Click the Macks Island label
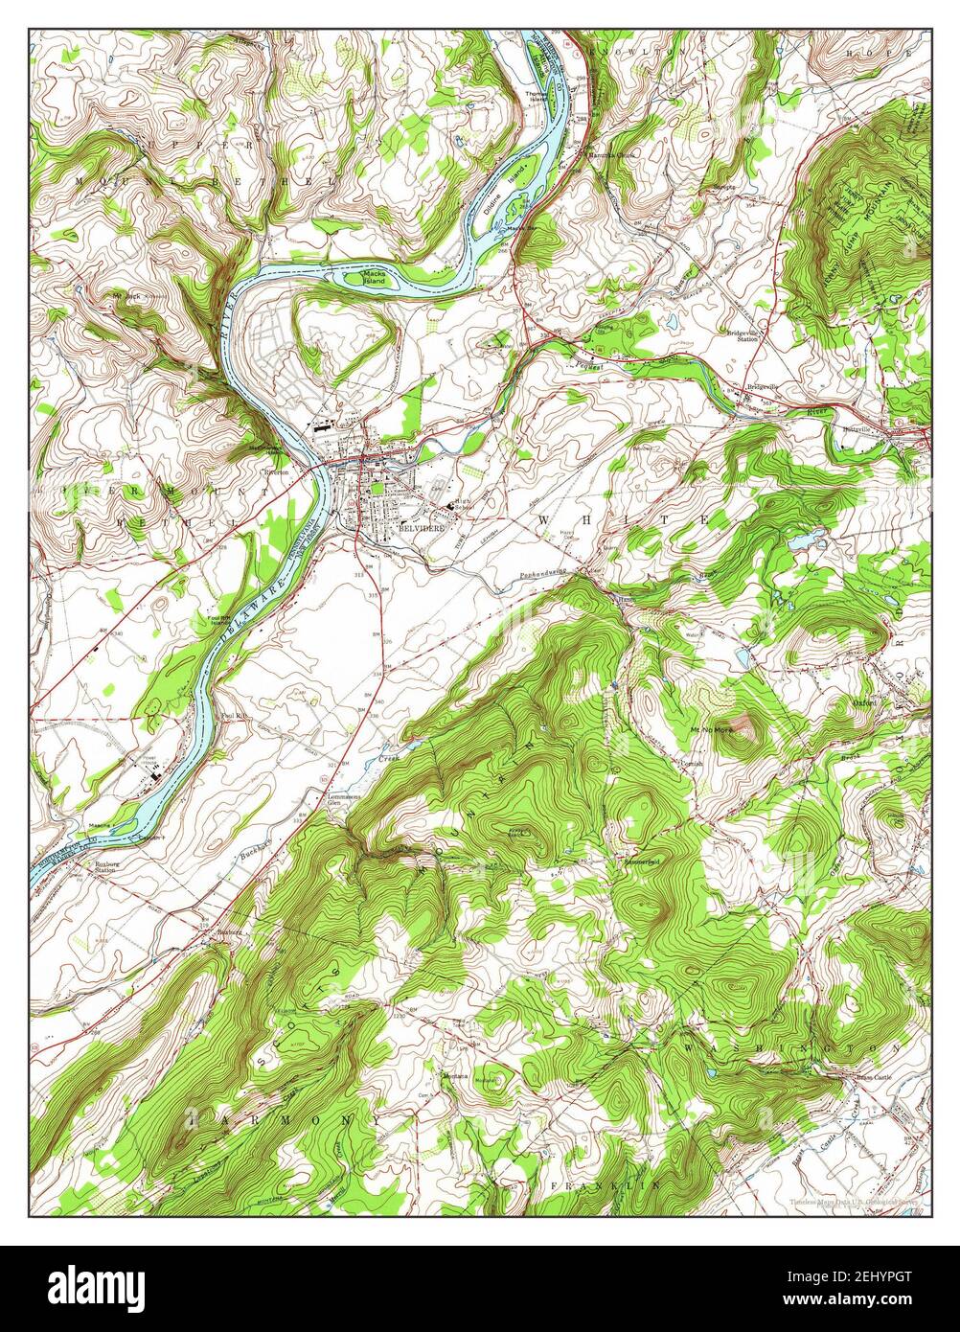pos(374,278)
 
